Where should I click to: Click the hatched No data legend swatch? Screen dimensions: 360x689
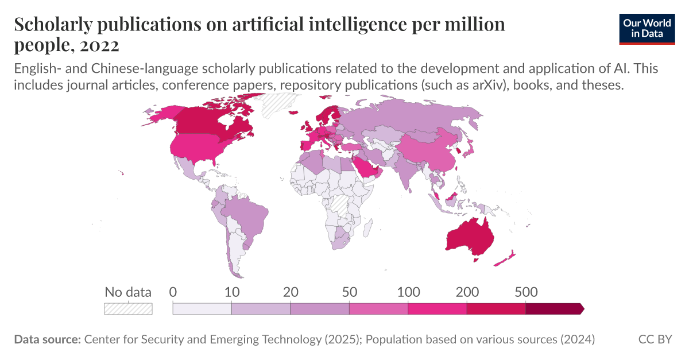click(x=128, y=308)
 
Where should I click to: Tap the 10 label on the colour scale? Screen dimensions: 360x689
click(x=231, y=292)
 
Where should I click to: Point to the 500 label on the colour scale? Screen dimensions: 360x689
click(x=525, y=292)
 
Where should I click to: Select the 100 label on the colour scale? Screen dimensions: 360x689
click(x=408, y=292)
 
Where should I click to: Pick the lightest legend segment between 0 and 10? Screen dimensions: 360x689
click(x=202, y=309)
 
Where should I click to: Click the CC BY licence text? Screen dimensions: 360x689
click(x=655, y=339)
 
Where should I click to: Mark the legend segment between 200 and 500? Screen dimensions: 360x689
click(x=496, y=309)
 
